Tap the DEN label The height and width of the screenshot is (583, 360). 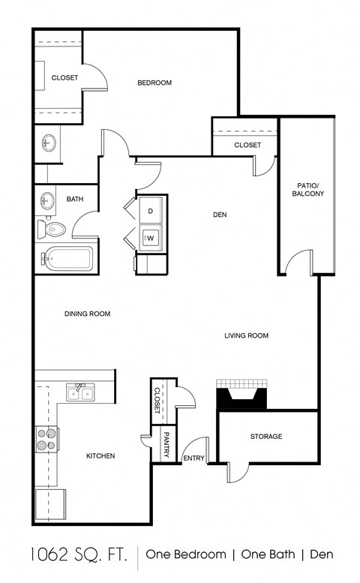[x=220, y=215]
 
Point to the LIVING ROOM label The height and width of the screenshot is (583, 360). [x=246, y=335]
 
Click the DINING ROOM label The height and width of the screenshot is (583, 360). [x=87, y=314]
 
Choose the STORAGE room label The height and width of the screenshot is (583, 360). [x=266, y=436]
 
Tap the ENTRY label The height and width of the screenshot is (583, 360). [x=193, y=458]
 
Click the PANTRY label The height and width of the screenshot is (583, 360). [x=166, y=444]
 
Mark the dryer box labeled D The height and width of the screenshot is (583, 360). [x=150, y=212]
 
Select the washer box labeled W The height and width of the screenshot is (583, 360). [x=150, y=238]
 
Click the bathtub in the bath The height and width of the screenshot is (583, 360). [x=67, y=260]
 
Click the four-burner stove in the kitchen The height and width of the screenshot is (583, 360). [x=46, y=438]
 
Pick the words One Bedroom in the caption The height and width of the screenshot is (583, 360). [x=185, y=554]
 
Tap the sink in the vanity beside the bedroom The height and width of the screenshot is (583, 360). [x=49, y=143]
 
